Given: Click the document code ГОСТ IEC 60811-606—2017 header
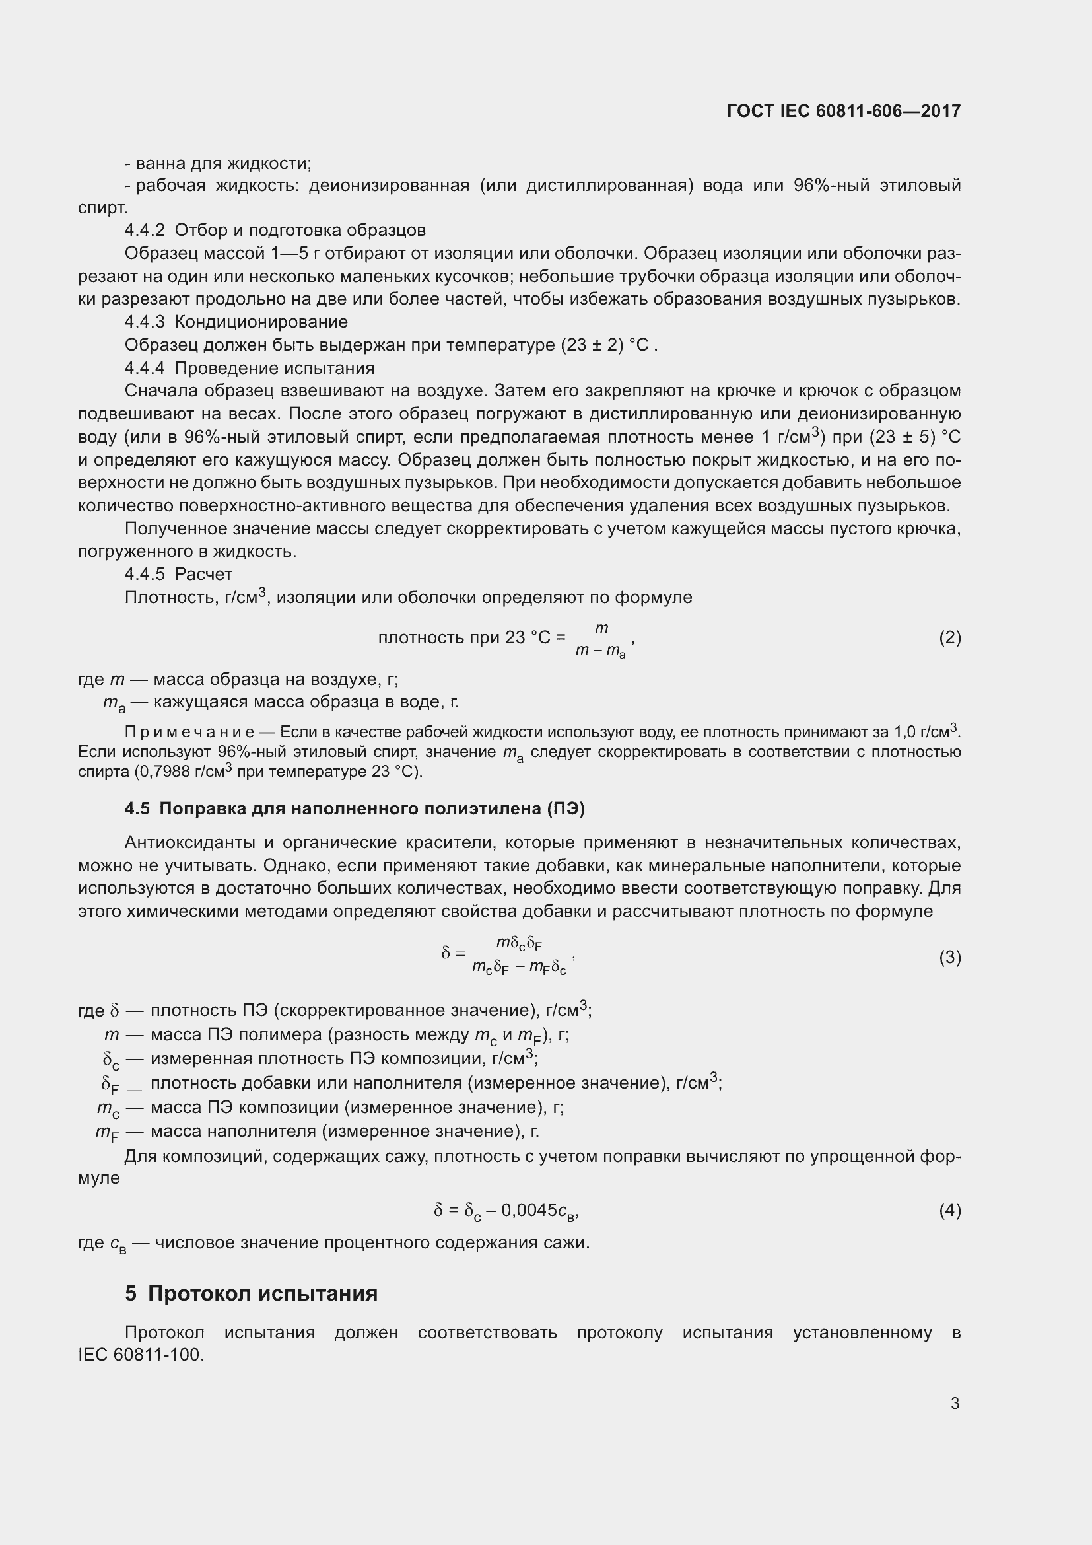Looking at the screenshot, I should coord(843,111).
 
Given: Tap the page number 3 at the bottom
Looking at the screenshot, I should coord(955,1403).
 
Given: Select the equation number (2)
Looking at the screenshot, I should coord(949,637).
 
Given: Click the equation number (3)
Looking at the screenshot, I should coord(949,957).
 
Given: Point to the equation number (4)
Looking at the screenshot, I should coord(949,1211).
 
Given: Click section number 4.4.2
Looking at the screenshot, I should coord(145,230).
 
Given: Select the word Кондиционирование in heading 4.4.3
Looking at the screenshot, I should coord(261,322).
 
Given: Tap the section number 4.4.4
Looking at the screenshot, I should coord(145,368).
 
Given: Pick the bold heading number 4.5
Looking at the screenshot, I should coord(137,808).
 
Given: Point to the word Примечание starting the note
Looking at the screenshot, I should coord(189,731).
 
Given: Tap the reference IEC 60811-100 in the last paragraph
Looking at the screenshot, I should coord(140,1355).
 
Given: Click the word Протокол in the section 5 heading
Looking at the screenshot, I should coord(199,1293).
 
